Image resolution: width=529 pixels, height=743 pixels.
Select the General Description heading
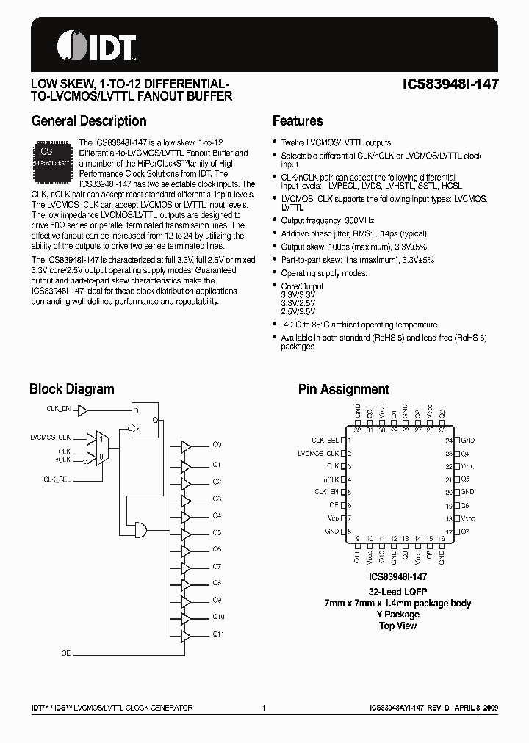(x=89, y=121)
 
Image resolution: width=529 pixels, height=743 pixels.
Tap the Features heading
(x=298, y=121)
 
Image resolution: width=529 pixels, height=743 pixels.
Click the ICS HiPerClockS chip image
(x=51, y=159)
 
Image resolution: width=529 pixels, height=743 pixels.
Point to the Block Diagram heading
(x=71, y=389)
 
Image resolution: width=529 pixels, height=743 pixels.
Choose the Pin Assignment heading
(x=343, y=389)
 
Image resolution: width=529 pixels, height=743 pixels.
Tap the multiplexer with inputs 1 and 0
(x=102, y=446)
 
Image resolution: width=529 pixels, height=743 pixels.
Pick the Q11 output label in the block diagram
(x=218, y=634)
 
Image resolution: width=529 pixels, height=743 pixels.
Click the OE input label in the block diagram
(x=66, y=653)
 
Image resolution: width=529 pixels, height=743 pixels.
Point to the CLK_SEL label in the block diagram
(x=58, y=479)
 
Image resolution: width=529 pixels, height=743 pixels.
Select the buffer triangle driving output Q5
(x=185, y=532)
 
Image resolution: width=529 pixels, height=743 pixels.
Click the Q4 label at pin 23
(x=464, y=454)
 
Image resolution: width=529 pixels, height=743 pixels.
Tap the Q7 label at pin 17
(x=464, y=530)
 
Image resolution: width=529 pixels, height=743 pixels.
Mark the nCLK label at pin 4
(x=331, y=479)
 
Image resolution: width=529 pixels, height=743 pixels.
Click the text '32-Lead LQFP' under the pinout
(x=397, y=592)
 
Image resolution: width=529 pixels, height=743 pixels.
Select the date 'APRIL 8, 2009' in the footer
(x=476, y=708)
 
